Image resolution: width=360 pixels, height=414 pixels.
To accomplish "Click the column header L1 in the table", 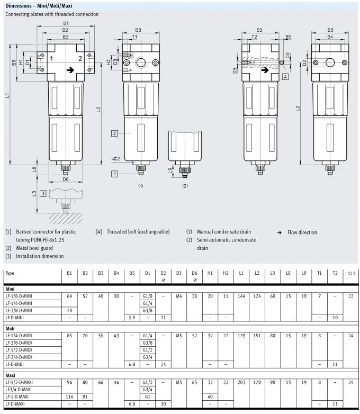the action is click(241, 273).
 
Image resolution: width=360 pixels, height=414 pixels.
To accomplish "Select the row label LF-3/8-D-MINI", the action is click(19, 310).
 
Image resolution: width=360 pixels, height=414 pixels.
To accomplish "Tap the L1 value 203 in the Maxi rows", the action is click(241, 382).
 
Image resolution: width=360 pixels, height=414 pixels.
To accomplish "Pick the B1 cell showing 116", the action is click(69, 397).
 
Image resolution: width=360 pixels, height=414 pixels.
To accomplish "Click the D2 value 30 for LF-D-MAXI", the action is click(163, 404).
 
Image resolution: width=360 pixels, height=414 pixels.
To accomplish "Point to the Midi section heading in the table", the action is click(10, 328).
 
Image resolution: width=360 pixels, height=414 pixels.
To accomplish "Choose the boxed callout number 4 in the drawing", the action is click(285, 77).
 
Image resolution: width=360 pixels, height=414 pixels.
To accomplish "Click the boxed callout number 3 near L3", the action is click(43, 194).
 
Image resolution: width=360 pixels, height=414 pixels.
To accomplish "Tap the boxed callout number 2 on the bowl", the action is click(114, 133).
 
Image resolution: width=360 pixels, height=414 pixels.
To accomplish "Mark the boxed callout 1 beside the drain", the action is click(114, 174).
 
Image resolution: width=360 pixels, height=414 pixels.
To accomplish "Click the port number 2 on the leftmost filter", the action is click(80, 59).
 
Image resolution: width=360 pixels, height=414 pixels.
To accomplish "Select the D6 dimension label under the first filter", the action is click(66, 179).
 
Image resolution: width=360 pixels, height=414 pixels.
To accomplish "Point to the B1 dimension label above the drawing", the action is click(66, 23).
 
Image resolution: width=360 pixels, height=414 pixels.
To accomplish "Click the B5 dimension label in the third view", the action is click(288, 37).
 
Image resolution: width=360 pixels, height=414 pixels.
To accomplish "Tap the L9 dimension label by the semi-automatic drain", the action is click(170, 170).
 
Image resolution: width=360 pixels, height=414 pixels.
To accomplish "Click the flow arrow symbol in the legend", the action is click(280, 232).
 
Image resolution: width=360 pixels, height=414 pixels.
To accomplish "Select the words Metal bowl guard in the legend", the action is click(34, 248).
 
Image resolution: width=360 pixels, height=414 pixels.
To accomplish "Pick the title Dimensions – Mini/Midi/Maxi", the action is click(39, 6).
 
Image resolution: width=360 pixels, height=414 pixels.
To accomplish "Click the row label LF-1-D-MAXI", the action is click(17, 397).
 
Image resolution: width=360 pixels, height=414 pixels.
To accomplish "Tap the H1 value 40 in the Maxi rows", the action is click(210, 397).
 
